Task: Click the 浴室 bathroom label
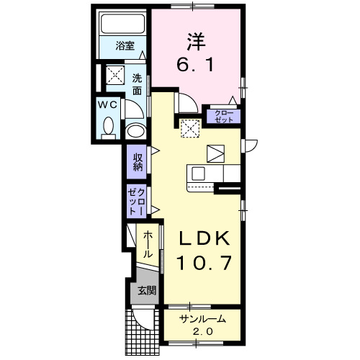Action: point(125,45)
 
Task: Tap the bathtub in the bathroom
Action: point(122,24)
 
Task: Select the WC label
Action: point(107,105)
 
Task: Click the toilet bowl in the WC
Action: point(109,126)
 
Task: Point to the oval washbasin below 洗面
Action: point(136,131)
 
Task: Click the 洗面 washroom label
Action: point(137,84)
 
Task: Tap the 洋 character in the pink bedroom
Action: point(196,42)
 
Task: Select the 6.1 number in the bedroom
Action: point(195,64)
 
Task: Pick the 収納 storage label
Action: point(138,162)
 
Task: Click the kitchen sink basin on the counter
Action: point(198,174)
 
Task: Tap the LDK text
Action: point(204,238)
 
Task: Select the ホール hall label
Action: point(148,244)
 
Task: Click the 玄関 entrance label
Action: point(147,291)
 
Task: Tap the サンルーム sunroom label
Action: point(203,319)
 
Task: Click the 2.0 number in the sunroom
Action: point(203,332)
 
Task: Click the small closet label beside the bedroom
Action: point(224,116)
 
